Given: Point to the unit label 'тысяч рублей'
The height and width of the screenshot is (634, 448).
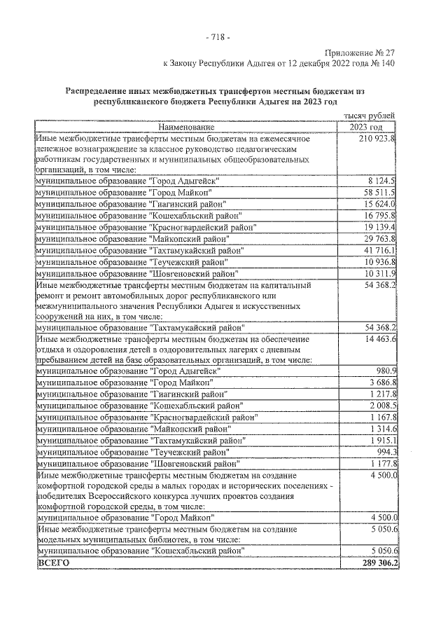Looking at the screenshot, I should [x=370, y=116].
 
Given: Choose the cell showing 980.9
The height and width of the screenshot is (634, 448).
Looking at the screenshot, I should [x=386, y=371].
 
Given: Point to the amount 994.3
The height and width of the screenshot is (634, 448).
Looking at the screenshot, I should [x=386, y=452].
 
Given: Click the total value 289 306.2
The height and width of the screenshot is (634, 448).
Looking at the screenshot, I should [x=377, y=563].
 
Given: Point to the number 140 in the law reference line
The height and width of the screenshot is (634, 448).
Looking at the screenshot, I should [x=387, y=64].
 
